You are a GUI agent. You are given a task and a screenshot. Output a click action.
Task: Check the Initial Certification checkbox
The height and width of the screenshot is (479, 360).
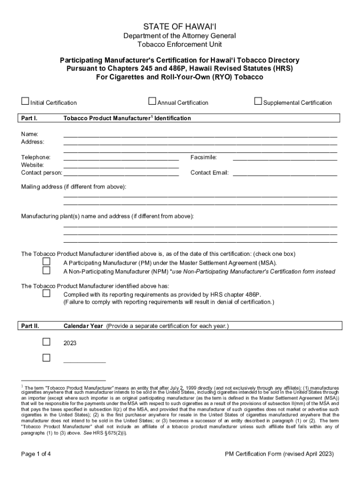[x=25, y=102]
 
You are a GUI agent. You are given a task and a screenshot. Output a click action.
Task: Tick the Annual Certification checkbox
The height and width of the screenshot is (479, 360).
[x=152, y=101]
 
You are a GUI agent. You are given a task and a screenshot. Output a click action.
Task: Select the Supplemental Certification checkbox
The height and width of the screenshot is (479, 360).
[x=258, y=101]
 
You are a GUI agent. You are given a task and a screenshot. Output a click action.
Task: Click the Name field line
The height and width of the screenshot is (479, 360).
[x=200, y=135]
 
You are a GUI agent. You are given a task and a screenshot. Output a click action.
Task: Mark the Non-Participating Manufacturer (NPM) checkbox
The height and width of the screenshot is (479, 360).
[x=46, y=270]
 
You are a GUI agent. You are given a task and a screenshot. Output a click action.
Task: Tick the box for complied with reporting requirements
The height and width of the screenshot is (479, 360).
[x=46, y=293]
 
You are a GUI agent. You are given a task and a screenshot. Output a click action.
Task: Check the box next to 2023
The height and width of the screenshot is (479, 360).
[x=46, y=342]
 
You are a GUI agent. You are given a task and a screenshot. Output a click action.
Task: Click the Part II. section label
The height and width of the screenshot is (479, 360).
[x=30, y=326]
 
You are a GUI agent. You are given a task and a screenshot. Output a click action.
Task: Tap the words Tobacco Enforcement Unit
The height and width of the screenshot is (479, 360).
[x=180, y=44]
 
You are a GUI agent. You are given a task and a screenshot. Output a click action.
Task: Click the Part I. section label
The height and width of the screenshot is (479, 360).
[x=29, y=118]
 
